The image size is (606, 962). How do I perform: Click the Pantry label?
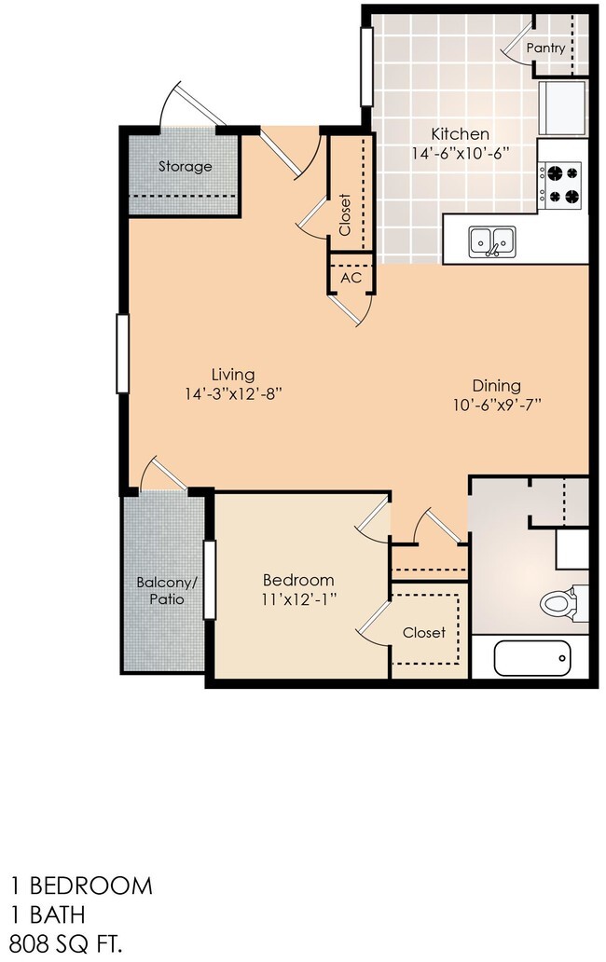(x=545, y=48)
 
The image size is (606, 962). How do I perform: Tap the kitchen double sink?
(x=491, y=241)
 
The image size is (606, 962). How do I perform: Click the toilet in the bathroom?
(x=561, y=603)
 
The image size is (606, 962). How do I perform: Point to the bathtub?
(x=531, y=660)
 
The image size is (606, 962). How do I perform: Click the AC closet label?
(x=351, y=278)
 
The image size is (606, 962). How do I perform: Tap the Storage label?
(x=185, y=167)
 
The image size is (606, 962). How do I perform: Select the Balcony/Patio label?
(x=167, y=591)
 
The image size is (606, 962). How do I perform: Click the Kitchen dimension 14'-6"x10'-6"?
(x=461, y=153)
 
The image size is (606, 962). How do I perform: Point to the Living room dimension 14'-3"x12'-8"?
(x=232, y=393)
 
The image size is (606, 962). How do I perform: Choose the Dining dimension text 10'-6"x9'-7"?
(x=496, y=405)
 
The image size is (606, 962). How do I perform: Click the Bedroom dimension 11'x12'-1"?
(x=297, y=599)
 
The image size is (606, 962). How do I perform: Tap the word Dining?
(x=496, y=385)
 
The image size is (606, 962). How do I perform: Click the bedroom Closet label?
(x=424, y=632)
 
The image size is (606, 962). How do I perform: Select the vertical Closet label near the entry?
(x=345, y=214)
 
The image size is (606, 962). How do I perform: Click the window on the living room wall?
(x=121, y=353)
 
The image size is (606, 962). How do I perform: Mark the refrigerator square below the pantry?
(x=562, y=107)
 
